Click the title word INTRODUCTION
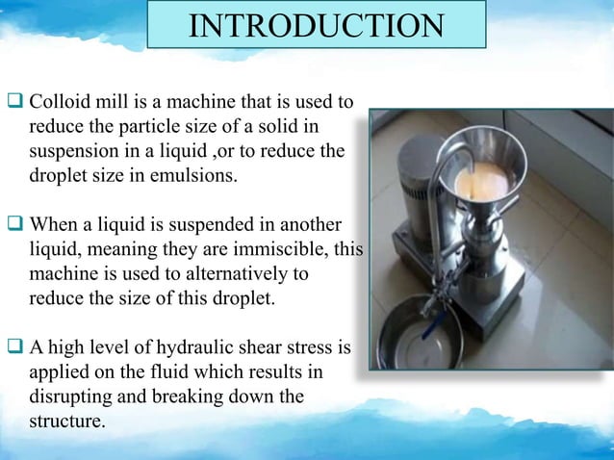[x=317, y=26]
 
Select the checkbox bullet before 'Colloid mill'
[x=15, y=101]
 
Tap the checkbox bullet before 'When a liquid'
[x=15, y=226]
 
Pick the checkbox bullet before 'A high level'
[x=15, y=347]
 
